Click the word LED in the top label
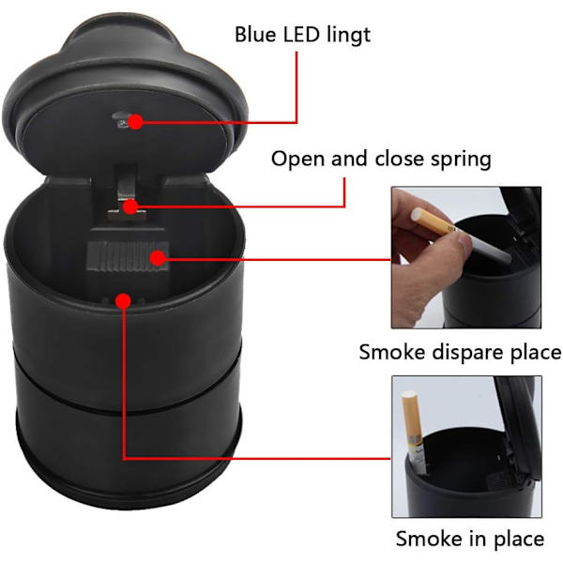301,35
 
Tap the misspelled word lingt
349,37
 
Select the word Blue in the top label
255,35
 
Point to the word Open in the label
297,160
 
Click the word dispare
467,353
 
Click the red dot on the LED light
136,122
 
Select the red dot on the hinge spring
130,206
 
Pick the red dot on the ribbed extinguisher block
158,258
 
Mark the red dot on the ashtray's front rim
124,301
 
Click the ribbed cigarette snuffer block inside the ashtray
128,255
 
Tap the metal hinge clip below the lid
126,194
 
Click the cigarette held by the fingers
461,235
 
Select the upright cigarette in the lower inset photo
414,433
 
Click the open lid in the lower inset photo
518,431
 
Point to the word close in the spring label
399,159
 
